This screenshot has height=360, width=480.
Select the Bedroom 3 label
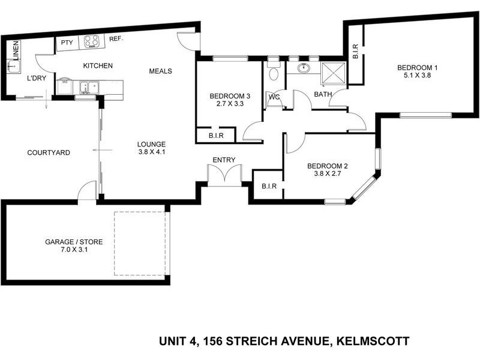coord(229,96)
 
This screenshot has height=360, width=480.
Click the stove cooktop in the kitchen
coord(91,41)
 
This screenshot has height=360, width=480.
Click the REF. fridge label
coord(116,39)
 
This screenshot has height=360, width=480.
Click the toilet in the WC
coord(274,74)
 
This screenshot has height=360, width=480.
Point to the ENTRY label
coord(224,160)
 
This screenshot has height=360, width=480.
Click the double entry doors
coord(224,175)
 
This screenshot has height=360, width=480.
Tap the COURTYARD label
coord(49,153)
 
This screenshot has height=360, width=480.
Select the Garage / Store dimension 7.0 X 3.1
coord(74,251)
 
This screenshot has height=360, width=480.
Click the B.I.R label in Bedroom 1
coord(356,52)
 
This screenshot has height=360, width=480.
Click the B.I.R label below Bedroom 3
coord(217,136)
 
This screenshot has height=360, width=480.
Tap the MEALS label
coord(161,71)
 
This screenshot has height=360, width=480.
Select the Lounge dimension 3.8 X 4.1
coord(151,152)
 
